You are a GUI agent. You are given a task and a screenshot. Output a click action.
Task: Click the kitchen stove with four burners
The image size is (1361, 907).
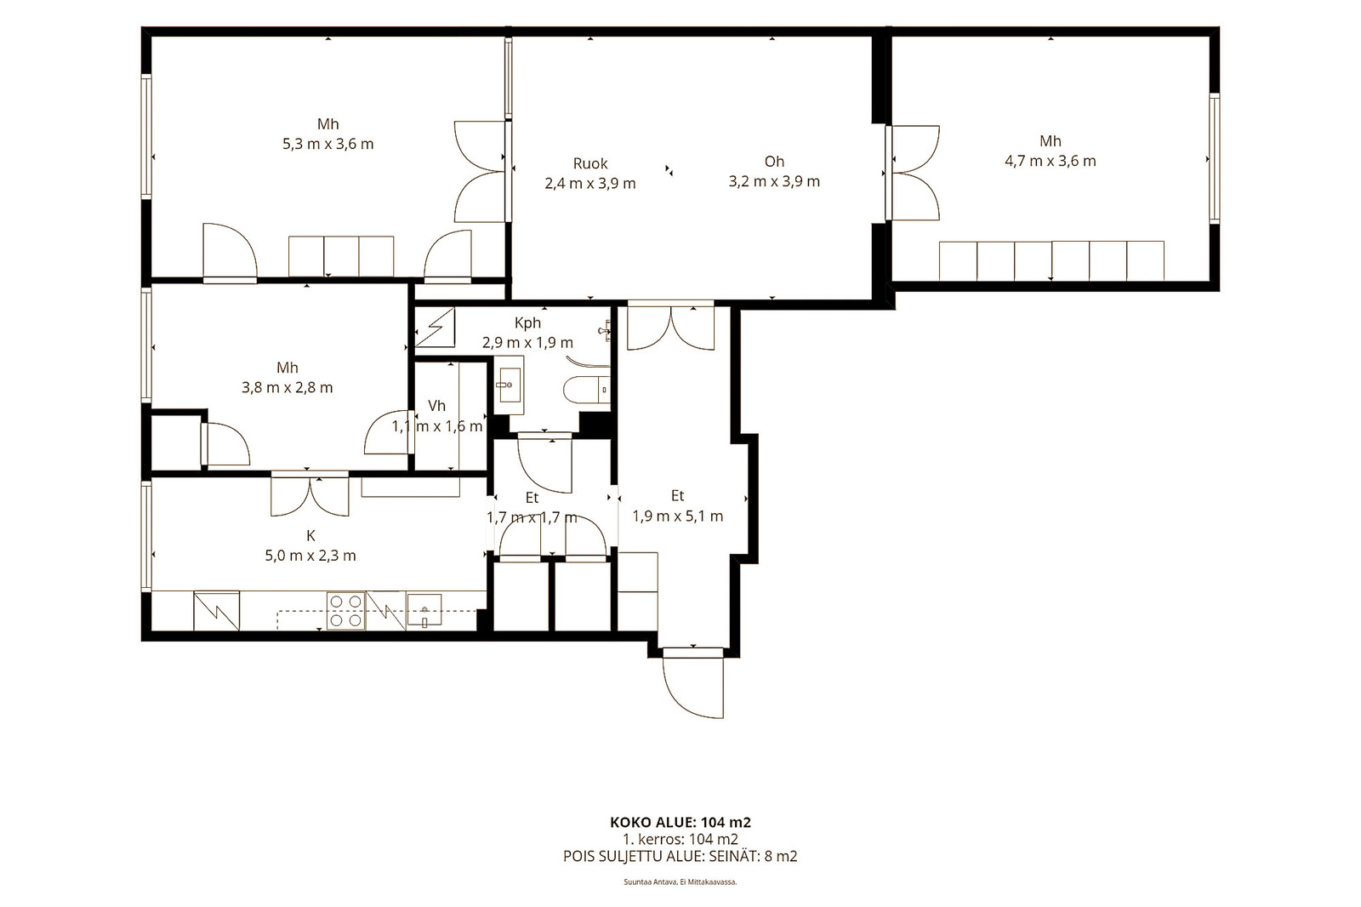click(x=345, y=610)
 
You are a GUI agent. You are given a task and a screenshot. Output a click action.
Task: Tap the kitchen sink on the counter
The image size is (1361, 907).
click(x=424, y=610)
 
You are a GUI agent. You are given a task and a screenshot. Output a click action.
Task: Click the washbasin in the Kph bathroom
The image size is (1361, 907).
click(x=509, y=385)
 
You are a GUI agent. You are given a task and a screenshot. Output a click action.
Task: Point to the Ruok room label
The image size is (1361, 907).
click(x=590, y=163)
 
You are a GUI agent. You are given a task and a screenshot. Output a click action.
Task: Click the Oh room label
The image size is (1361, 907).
click(x=774, y=162)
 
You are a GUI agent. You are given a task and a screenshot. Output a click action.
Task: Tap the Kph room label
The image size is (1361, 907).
click(x=527, y=322)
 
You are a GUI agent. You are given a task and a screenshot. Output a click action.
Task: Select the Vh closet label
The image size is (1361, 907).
click(x=437, y=406)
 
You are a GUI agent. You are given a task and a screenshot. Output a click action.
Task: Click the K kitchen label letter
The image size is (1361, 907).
click(x=310, y=535)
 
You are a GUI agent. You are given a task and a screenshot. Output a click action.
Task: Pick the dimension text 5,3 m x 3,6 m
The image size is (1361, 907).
click(x=328, y=144)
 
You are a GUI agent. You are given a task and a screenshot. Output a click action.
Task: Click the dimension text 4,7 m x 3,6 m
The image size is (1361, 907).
click(x=1051, y=161)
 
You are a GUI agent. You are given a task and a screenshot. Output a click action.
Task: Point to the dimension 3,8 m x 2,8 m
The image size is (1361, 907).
click(x=288, y=388)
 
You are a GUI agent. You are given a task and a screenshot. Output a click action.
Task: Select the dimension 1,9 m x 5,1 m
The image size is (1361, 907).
click(x=678, y=516)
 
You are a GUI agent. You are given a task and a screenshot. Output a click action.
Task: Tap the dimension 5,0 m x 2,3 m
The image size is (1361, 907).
click(x=310, y=556)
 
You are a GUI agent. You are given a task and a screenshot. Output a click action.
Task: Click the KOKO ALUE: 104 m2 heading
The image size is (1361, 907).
click(x=680, y=823)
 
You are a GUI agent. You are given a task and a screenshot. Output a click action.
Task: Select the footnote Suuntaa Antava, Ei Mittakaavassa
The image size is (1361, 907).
click(x=680, y=882)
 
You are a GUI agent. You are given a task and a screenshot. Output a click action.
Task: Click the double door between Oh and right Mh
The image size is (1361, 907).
click(x=914, y=173)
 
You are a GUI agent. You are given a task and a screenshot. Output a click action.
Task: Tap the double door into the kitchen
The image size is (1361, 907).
click(x=310, y=495)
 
